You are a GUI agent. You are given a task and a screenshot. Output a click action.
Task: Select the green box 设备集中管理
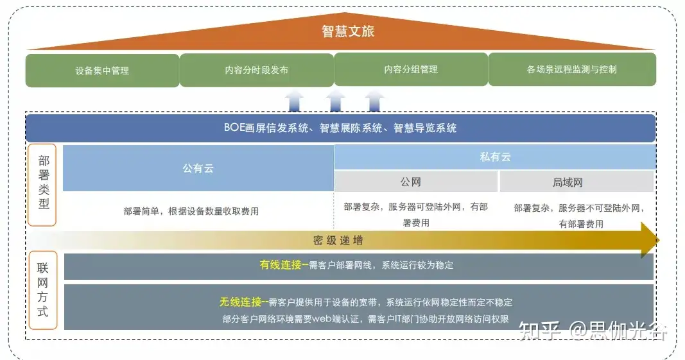102,70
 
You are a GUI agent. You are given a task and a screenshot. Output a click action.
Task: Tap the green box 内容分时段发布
256,70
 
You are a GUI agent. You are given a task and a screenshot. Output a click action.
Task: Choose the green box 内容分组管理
411,69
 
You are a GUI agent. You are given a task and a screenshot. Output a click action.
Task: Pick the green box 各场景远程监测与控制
572,69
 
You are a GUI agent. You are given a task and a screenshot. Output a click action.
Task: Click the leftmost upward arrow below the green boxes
295,101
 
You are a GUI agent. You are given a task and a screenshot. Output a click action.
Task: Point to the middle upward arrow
334,101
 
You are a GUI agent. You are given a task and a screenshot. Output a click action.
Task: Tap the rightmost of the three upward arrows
375,101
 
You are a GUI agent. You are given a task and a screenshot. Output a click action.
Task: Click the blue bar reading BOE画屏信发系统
340,128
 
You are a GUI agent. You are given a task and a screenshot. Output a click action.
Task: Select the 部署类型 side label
43,185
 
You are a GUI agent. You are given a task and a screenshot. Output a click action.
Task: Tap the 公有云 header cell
198,168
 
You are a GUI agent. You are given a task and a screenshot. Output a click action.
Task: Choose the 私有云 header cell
495,157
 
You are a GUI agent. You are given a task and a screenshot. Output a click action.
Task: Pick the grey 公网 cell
415,182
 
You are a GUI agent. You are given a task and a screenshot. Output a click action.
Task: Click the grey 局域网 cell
576,182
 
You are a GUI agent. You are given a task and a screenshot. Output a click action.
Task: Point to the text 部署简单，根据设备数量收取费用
191,211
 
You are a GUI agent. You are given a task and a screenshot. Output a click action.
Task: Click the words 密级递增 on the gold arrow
338,241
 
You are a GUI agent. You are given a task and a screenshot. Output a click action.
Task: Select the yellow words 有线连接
281,264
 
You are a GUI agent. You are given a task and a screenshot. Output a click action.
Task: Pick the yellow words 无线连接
241,302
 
